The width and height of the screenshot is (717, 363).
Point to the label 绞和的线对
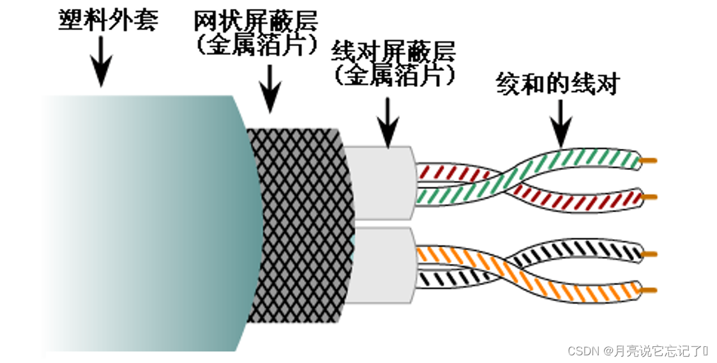[x=557, y=84]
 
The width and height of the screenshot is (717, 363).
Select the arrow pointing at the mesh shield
[x=270, y=89]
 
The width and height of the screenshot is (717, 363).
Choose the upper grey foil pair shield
[x=381, y=183]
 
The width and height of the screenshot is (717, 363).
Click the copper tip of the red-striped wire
[x=650, y=197]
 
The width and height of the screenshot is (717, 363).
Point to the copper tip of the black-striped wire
[x=649, y=254]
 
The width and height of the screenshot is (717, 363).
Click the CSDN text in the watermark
[x=580, y=351]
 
